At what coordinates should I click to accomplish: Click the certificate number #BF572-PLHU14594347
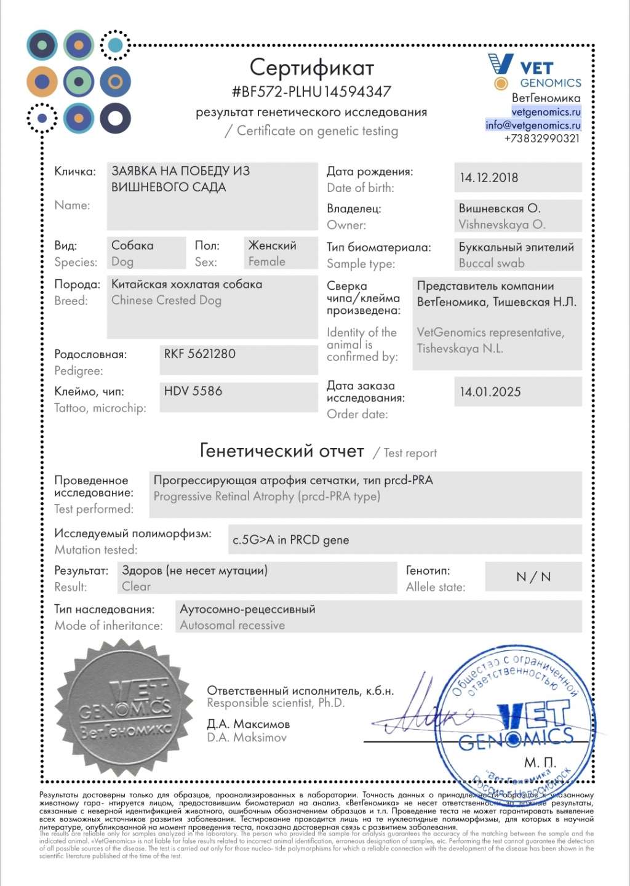[x=311, y=92]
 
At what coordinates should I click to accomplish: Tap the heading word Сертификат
[x=311, y=67]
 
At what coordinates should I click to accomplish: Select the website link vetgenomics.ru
[x=546, y=112]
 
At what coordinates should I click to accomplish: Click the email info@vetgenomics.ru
[x=533, y=125]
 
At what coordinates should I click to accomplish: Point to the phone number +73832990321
[x=541, y=138]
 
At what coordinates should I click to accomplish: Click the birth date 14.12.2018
[x=489, y=178]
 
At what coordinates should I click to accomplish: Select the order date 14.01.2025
[x=490, y=392]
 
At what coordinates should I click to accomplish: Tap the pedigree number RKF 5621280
[x=199, y=354]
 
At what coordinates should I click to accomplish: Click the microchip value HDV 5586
[x=193, y=391]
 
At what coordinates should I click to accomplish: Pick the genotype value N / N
[x=533, y=577]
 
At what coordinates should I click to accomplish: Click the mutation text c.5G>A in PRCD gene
[x=290, y=540]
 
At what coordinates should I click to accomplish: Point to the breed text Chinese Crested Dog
[x=166, y=300]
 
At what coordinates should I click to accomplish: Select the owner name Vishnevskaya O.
[x=502, y=225]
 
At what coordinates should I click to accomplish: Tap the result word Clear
[x=136, y=586]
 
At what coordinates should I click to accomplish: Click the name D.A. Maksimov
[x=247, y=737]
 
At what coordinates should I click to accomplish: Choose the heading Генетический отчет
[x=282, y=451]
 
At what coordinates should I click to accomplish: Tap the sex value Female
[x=267, y=261]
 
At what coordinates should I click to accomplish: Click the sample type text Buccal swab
[x=492, y=263]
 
